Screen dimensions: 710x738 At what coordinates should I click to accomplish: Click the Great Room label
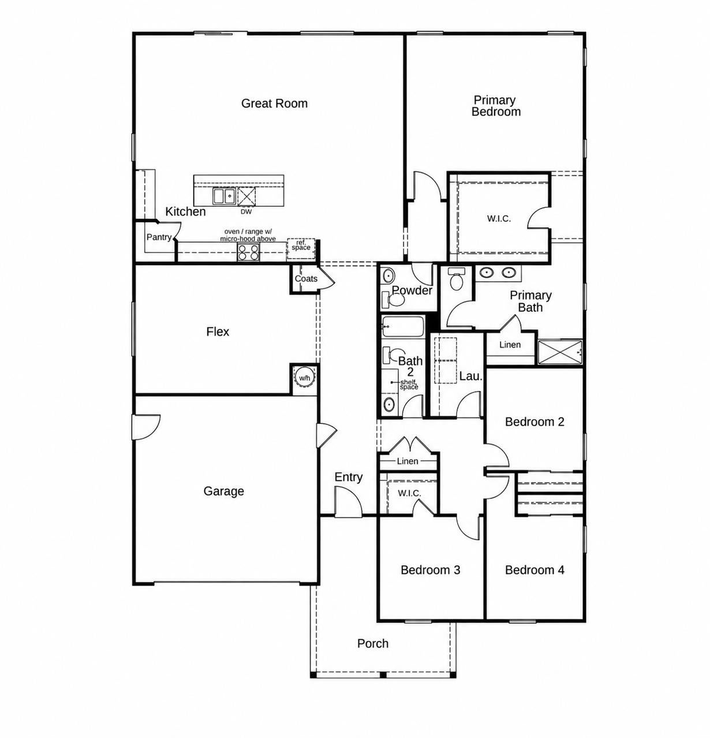point(274,103)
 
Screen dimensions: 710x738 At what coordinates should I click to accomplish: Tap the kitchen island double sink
point(223,196)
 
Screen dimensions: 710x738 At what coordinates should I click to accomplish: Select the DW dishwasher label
point(246,212)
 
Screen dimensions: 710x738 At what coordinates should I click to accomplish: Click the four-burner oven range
point(248,252)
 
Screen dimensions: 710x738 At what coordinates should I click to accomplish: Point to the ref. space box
point(301,248)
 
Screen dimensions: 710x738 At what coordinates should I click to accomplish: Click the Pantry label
point(159,237)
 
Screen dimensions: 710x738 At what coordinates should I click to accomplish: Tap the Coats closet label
point(306,278)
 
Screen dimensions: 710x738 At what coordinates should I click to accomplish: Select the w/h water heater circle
point(304,377)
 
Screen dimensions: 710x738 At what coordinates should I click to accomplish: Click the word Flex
point(218,332)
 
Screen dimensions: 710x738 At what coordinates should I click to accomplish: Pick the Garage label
point(223,491)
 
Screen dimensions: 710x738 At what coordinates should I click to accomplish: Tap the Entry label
point(349,477)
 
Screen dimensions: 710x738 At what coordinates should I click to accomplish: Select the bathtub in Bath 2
point(402,326)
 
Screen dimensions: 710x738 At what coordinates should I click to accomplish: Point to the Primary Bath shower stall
point(560,352)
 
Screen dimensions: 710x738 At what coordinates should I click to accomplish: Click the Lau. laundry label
point(471,376)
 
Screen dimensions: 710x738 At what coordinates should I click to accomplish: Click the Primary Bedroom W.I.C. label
point(499,219)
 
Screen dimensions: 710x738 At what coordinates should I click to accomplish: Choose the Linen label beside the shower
point(510,345)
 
